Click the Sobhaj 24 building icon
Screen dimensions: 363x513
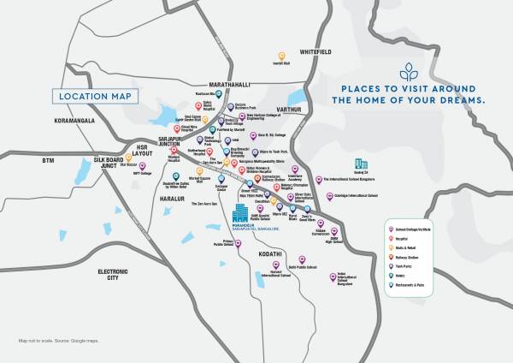tap(361, 164)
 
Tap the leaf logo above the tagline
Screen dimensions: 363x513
tap(409, 71)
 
